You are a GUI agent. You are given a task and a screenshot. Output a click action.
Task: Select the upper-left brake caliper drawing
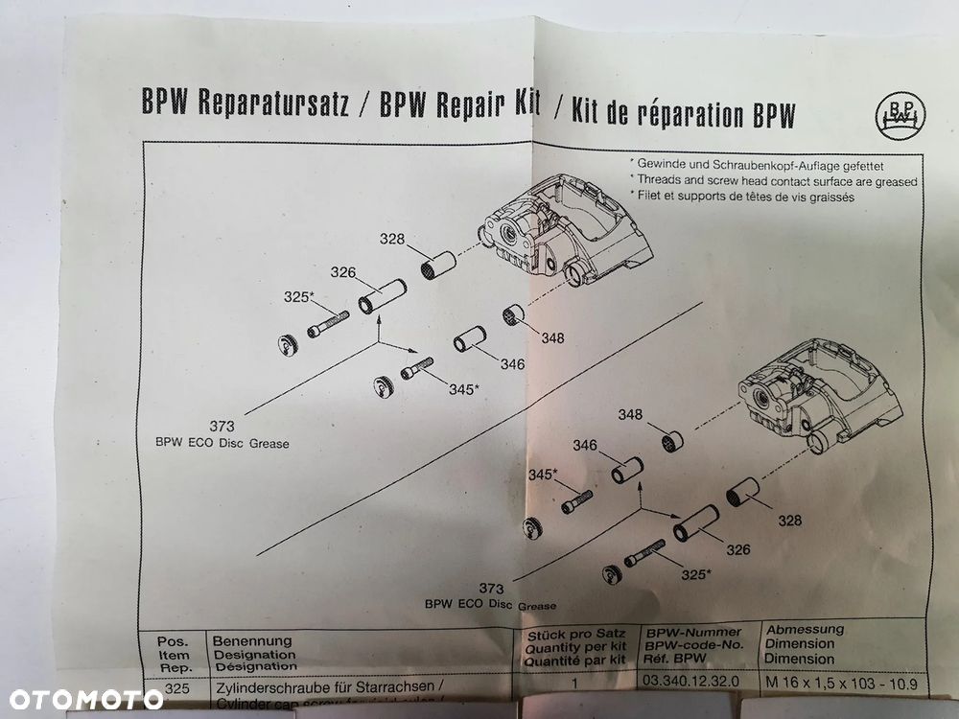point(566,229)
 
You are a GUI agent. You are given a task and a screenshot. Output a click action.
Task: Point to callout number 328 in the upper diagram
point(391,240)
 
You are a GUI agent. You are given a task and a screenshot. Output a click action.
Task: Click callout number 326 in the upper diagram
point(343,272)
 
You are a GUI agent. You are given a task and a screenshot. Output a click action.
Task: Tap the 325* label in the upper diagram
point(298,297)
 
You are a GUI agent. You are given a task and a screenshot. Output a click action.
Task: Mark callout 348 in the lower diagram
point(630,415)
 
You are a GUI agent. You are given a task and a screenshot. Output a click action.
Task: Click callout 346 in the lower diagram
point(585,445)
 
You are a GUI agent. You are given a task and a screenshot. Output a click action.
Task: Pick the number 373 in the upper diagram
point(222,426)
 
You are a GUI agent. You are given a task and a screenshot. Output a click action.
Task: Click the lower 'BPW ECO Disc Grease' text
point(490,605)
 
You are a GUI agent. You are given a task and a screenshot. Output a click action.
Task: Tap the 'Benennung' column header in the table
point(251,639)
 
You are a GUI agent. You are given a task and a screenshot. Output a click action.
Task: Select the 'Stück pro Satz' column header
point(571,635)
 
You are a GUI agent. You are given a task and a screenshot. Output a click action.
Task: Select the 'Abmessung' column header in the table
point(806,630)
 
